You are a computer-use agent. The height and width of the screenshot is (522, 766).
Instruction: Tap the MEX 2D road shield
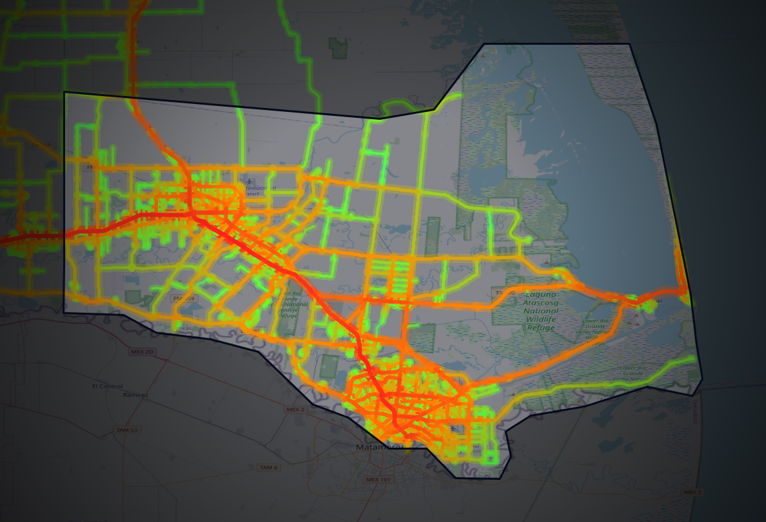tap(142, 352)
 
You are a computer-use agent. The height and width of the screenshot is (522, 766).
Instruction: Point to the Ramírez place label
tap(135, 395)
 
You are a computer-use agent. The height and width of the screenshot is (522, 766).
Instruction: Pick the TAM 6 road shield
tap(268, 467)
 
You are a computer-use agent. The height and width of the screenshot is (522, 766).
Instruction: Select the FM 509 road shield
tap(184, 298)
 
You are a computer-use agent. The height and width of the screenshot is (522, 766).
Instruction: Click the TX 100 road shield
tap(505, 292)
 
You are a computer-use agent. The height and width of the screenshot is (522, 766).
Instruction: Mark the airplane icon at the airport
tap(249, 182)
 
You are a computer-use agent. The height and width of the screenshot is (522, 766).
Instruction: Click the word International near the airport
tap(261, 188)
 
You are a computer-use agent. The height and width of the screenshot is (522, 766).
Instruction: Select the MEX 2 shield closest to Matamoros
tap(295, 409)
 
